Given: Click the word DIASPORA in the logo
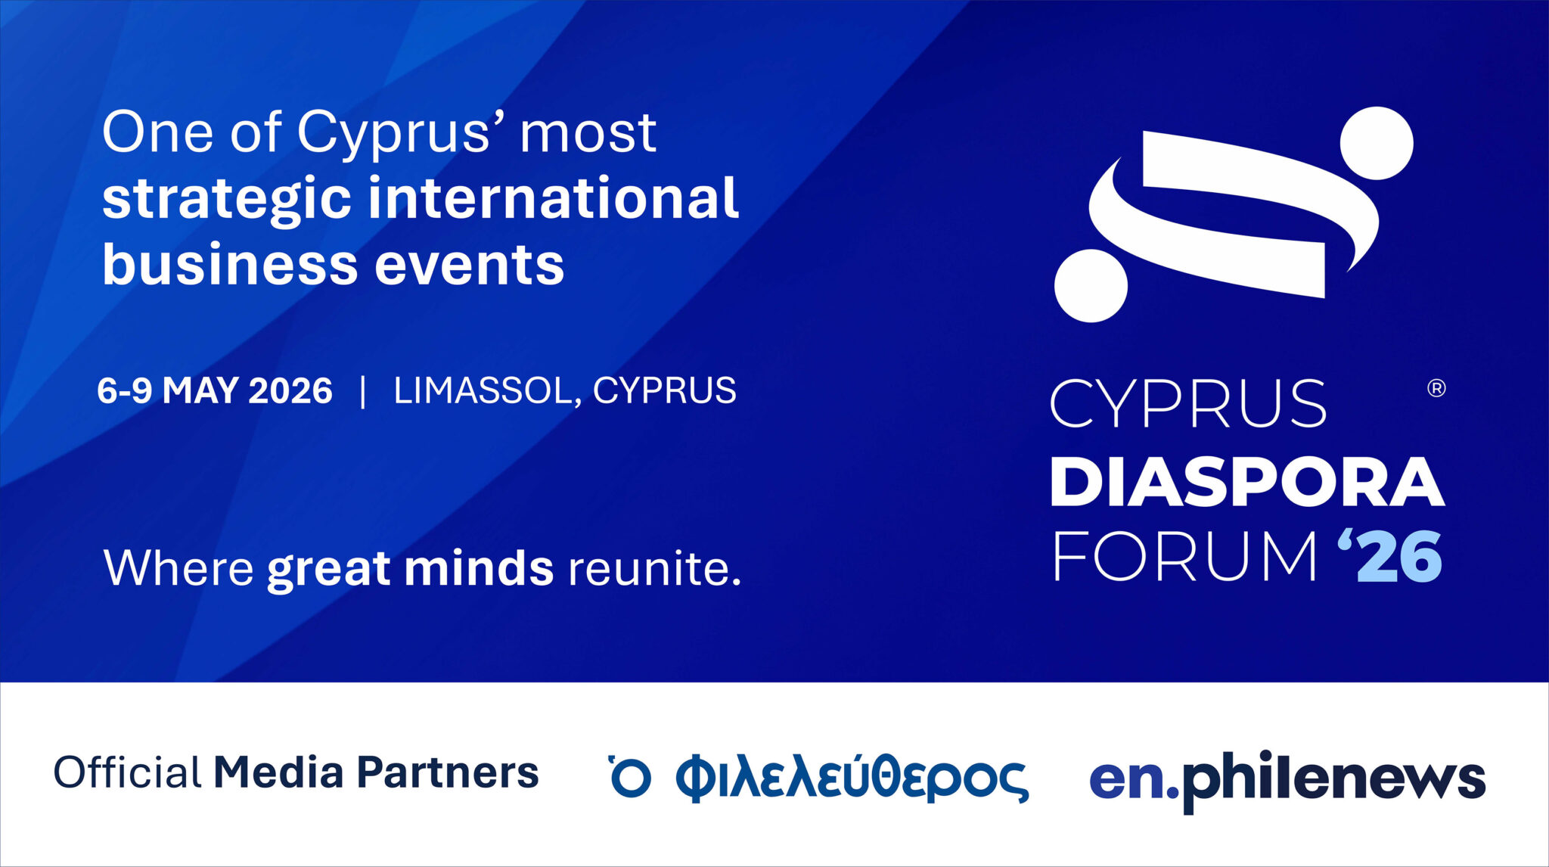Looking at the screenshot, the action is coord(1247,482).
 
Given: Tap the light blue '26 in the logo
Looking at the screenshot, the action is coord(1390,555).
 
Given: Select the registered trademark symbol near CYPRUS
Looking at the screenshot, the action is coord(1436,388).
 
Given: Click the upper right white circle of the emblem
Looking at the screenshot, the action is coord(1377,143).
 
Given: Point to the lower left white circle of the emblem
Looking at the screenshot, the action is coord(1091,285).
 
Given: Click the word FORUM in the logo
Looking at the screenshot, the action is coord(1184,556).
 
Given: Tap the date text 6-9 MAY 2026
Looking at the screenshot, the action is coord(215,390).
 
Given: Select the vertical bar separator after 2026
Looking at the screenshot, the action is coord(363,391).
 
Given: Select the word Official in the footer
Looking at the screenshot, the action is coord(127,772).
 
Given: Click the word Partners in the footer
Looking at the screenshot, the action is coord(448,772).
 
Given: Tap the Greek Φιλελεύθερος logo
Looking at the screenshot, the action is coord(819,777).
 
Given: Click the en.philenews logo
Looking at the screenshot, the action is coord(1287,780).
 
